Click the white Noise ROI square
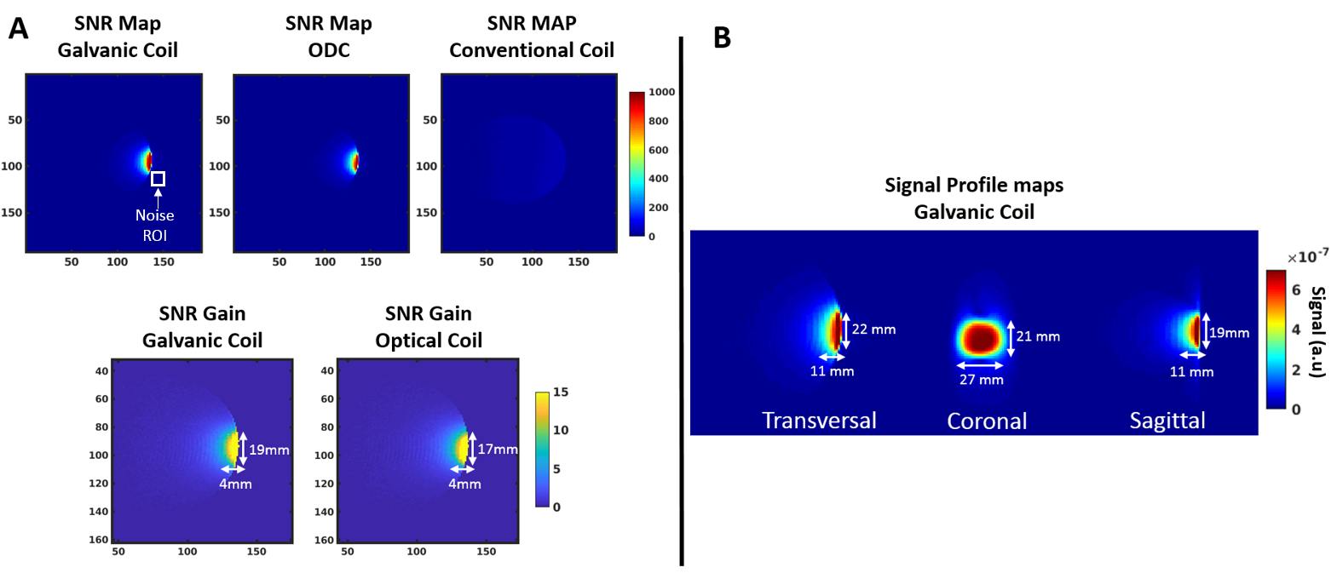click(158, 179)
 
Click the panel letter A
click(18, 29)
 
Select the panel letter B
click(722, 37)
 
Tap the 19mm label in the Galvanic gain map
click(269, 450)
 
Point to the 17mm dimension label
click(498, 449)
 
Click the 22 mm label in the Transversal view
click(873, 329)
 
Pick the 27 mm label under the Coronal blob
click(982, 380)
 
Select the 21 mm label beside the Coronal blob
click(1038, 337)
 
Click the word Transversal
click(819, 421)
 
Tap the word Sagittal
click(1167, 421)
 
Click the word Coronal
click(987, 421)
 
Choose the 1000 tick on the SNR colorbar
click(661, 92)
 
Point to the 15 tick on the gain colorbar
click(561, 393)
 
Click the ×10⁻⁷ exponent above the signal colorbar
click(1307, 256)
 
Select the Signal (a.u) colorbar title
click(1317, 332)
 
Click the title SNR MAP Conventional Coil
click(532, 37)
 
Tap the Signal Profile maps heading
click(974, 198)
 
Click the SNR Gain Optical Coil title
click(429, 327)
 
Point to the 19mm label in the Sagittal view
click(1230, 333)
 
